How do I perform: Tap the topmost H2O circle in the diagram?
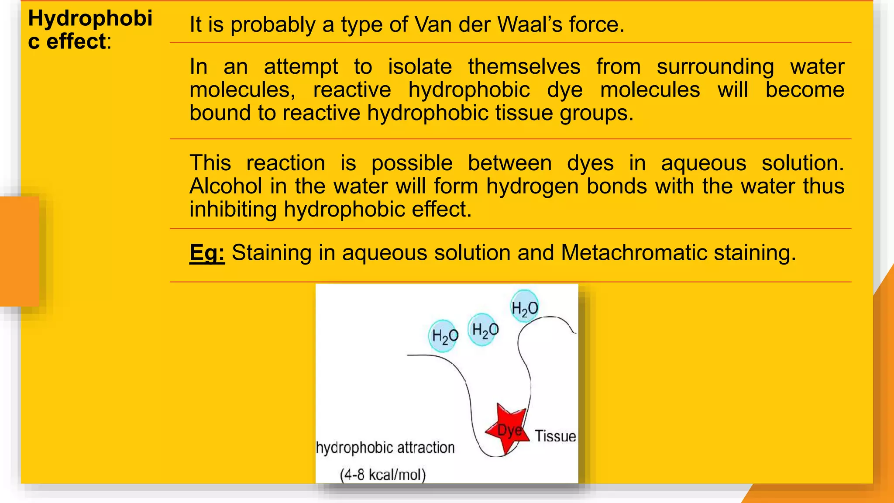pyautogui.click(x=524, y=307)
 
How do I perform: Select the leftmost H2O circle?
pyautogui.click(x=444, y=336)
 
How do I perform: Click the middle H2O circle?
pyautogui.click(x=484, y=330)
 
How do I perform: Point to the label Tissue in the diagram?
pyautogui.click(x=555, y=436)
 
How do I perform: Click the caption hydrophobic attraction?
pyautogui.click(x=385, y=448)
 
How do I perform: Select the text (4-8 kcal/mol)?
pyautogui.click(x=383, y=474)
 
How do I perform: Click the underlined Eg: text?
pyautogui.click(x=207, y=253)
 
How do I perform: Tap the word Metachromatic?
pyautogui.click(x=634, y=253)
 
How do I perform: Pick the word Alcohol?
pyautogui.click(x=226, y=186)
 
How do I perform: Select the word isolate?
pyautogui.click(x=419, y=67)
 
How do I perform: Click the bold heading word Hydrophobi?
pyautogui.click(x=90, y=18)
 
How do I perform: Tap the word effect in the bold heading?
pyautogui.click(x=76, y=42)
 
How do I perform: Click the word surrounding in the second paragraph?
pyautogui.click(x=715, y=67)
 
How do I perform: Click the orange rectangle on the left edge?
pyautogui.click(x=19, y=251)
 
